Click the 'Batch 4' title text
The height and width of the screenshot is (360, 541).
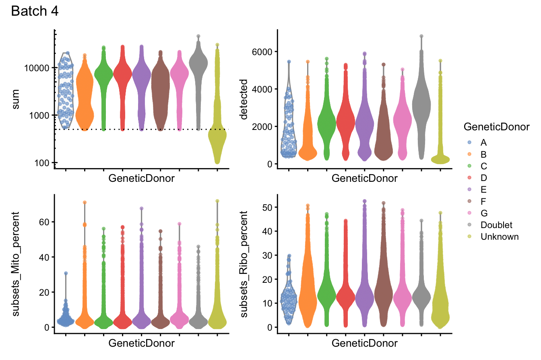click(x=35, y=11)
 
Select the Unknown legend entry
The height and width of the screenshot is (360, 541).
click(x=500, y=237)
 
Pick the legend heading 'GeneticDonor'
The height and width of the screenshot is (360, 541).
click(x=496, y=127)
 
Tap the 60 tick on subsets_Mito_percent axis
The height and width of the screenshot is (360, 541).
click(x=44, y=222)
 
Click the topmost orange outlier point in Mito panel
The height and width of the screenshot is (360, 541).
click(x=85, y=202)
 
